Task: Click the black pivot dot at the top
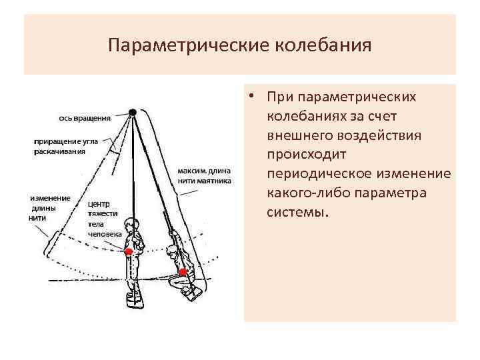[133, 112]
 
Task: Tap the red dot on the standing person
[129, 252]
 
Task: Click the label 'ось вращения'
[84, 119]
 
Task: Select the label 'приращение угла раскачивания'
[64, 146]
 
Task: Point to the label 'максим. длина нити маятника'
[204, 175]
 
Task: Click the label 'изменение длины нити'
[49, 207]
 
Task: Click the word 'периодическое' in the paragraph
[323, 173]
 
